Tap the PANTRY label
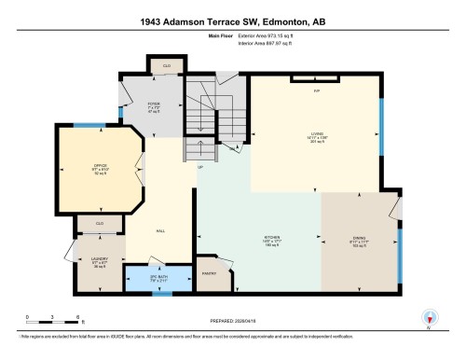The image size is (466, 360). [211, 273]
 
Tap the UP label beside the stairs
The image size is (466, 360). [199, 168]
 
